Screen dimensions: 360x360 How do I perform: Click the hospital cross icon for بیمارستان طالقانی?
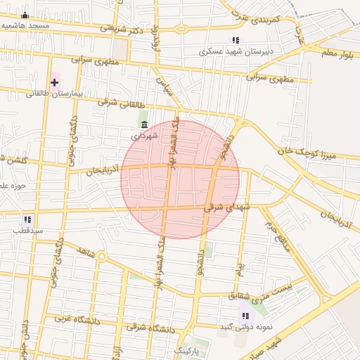pos(54,82)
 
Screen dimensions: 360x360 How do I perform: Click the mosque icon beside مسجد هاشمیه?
pos(25,15)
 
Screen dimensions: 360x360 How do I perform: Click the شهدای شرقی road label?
pos(226,207)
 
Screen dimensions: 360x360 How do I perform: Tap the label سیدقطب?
pos(31,230)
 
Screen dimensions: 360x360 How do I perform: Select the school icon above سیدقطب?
pos(27,219)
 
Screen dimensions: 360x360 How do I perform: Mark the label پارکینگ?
pos(187,349)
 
